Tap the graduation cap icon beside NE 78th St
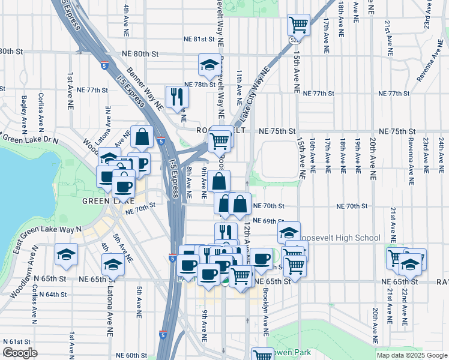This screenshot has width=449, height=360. pyautogui.click(x=209, y=66)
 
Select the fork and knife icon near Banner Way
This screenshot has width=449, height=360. pyautogui.click(x=176, y=96)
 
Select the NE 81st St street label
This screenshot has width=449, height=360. pyautogui.click(x=199, y=40)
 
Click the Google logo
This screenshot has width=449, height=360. pyautogui.click(x=20, y=353)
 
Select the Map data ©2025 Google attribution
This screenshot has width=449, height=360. pyautogui.click(x=411, y=355)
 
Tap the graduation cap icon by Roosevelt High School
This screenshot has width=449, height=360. pyautogui.click(x=289, y=232)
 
